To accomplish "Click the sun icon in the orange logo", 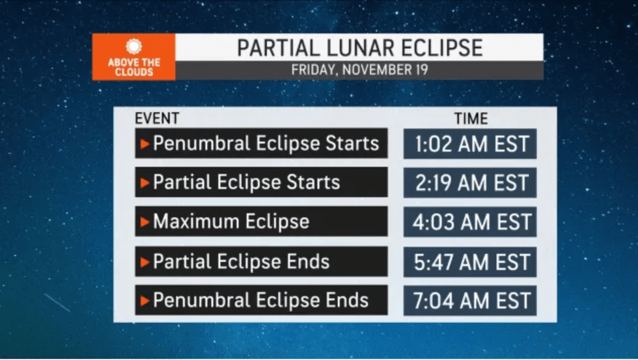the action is [133, 46].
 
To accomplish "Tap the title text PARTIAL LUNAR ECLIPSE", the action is [359, 48].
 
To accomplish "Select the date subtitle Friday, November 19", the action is [359, 70].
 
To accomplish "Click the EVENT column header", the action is [157, 118].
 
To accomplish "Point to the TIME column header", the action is [471, 118].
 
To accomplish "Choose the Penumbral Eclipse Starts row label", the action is [266, 143].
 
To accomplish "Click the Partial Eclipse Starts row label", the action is [246, 182].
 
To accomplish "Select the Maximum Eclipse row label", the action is [231, 222].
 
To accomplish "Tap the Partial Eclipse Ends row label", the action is [241, 262].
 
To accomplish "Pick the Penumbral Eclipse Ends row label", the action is [260, 301].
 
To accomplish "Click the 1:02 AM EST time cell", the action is [470, 144].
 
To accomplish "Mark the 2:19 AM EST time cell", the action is [470, 183].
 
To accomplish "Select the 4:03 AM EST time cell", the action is [470, 222].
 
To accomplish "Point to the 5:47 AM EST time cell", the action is [470, 262].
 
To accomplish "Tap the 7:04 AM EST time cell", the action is [470, 301].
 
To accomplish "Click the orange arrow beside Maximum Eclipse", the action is [145, 222].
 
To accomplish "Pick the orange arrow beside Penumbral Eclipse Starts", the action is [145, 144].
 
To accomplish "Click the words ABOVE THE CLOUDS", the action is [134, 68].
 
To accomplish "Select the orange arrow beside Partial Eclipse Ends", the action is [145, 262].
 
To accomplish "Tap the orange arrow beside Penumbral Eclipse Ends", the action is [145, 301].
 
